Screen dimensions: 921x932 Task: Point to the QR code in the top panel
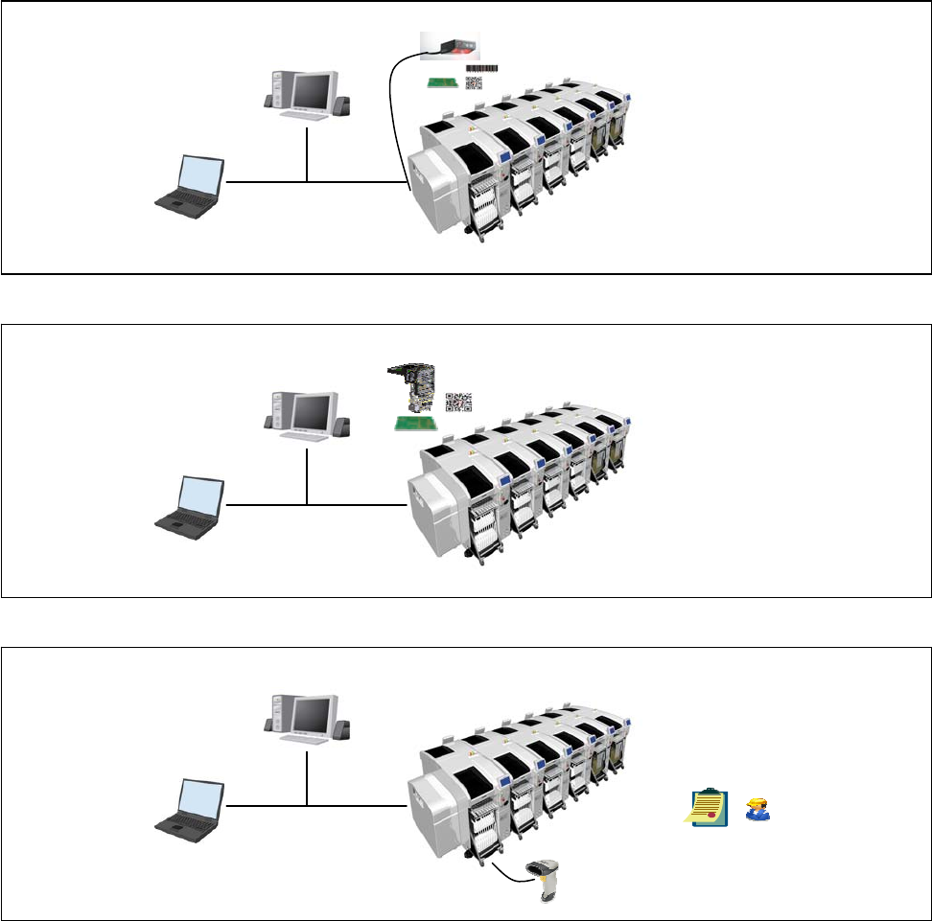coord(476,83)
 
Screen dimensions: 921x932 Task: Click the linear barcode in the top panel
coord(482,68)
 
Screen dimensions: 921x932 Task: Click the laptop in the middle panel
coord(191,507)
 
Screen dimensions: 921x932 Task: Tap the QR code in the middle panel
coord(459,403)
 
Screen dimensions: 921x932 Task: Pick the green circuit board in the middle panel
coord(418,423)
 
